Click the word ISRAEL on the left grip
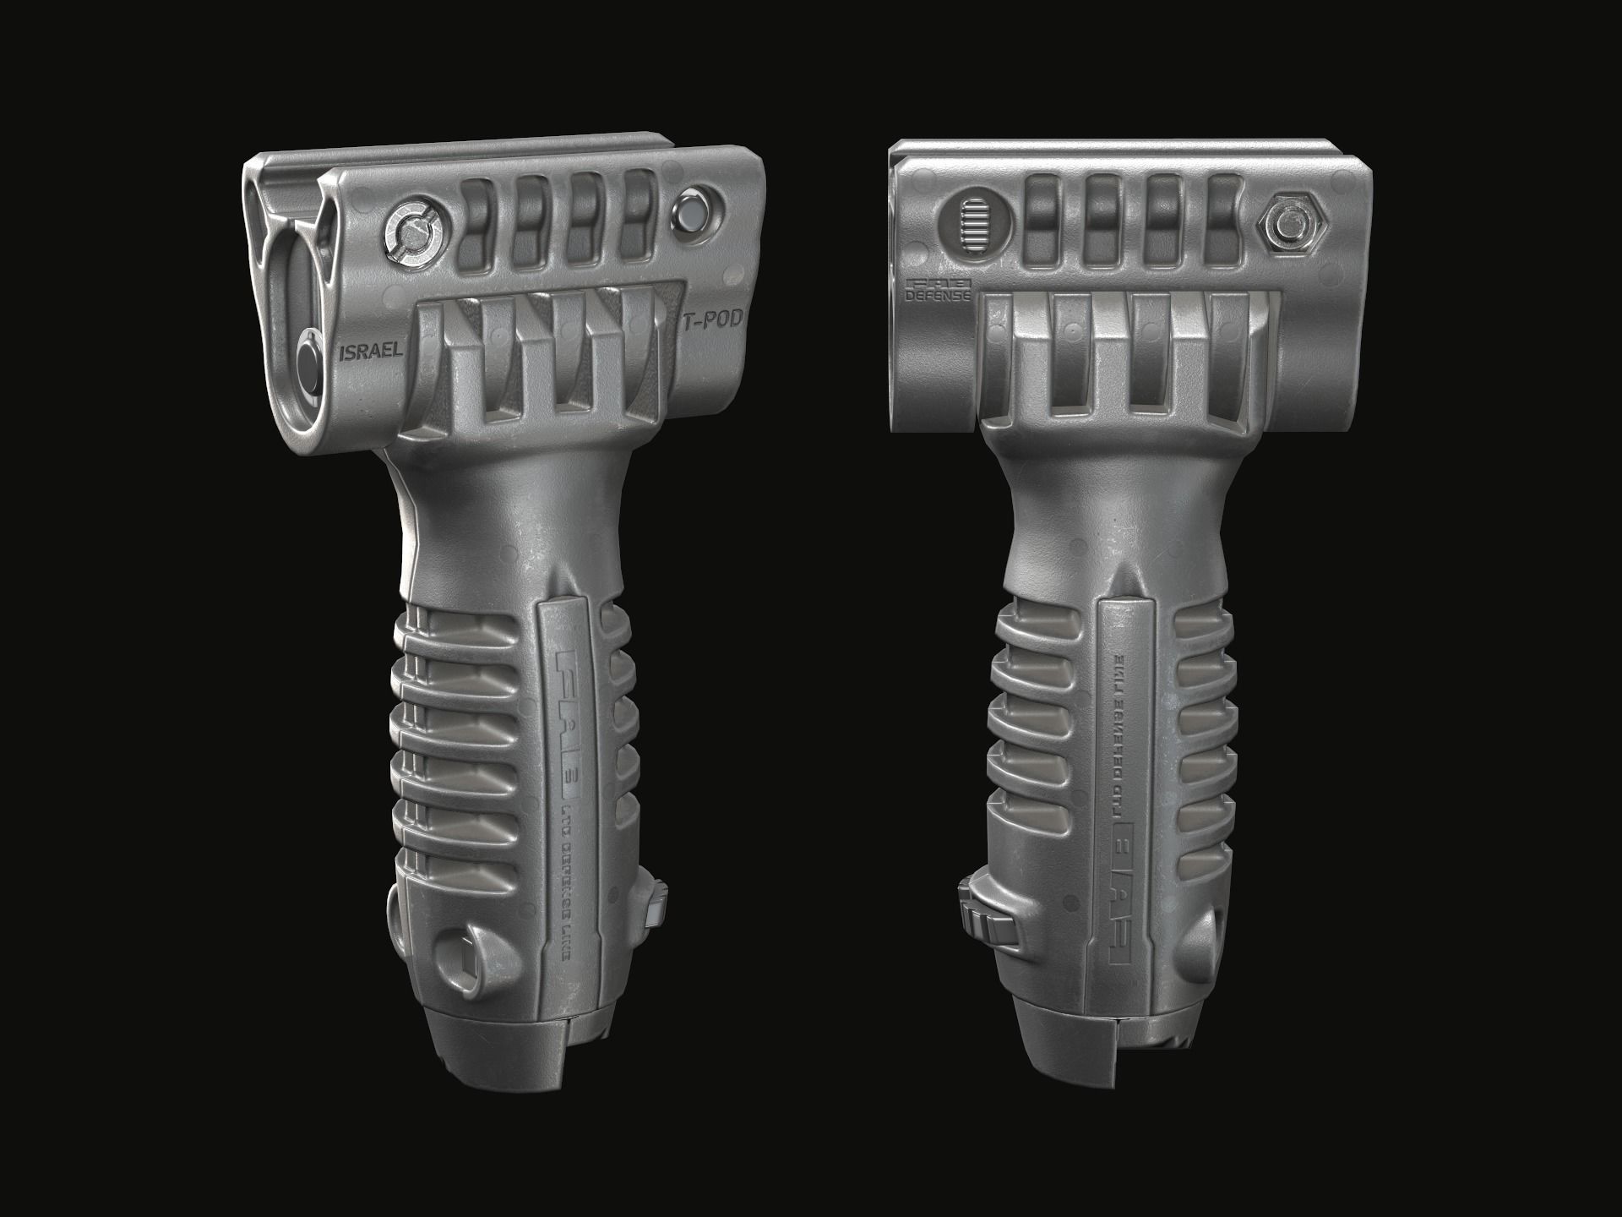point(370,352)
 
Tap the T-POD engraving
point(711,319)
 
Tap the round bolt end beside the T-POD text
point(696,211)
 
